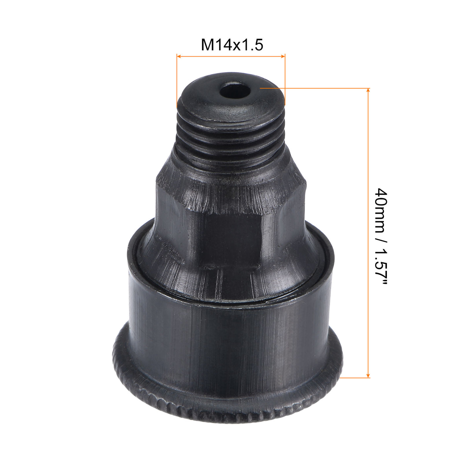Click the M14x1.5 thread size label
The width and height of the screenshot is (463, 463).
click(232, 45)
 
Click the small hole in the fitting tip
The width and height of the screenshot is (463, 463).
click(235, 91)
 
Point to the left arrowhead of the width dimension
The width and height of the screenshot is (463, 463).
click(179, 57)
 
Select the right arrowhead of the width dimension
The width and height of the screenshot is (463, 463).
click(283, 57)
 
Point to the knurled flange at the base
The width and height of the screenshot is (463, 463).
click(228, 407)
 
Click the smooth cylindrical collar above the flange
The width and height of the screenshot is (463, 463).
click(228, 337)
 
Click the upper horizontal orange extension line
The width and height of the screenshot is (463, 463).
click(314, 88)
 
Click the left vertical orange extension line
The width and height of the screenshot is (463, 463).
click(177, 79)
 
